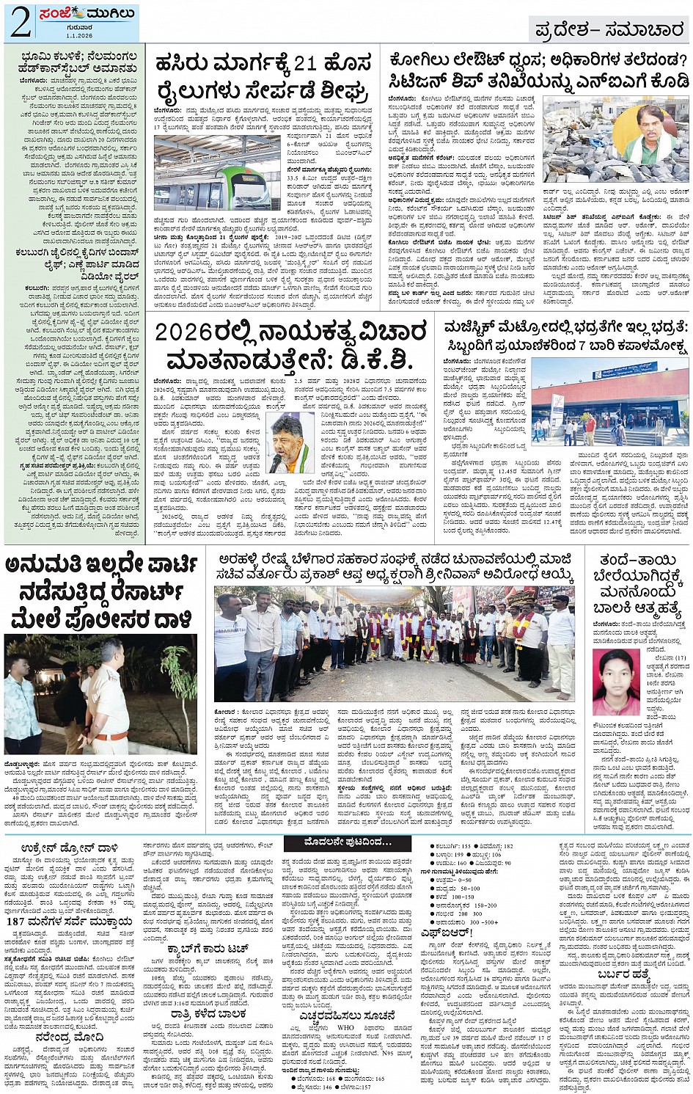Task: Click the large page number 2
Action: (x=20, y=23)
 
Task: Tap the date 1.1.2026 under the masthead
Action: (x=78, y=36)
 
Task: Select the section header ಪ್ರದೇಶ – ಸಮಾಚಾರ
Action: (x=609, y=30)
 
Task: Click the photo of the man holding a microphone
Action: (x=288, y=443)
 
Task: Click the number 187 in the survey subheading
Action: (x=15, y=921)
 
